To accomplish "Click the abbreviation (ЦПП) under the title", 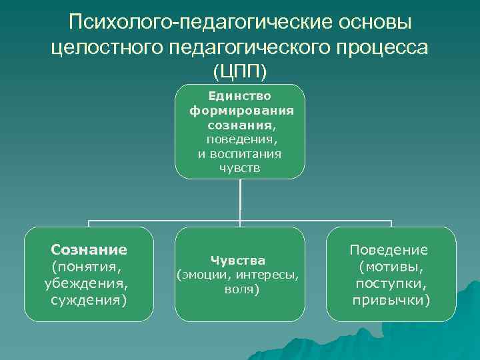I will pos(239,70).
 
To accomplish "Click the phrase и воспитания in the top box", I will pos(239,154).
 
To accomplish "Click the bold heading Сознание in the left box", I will pos(89,250).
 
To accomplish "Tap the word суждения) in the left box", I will pos(89,299).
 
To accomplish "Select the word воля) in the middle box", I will pos(239,290).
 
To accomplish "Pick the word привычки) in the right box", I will pos(391,300).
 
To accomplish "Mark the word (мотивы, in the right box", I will pos(391,267).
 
